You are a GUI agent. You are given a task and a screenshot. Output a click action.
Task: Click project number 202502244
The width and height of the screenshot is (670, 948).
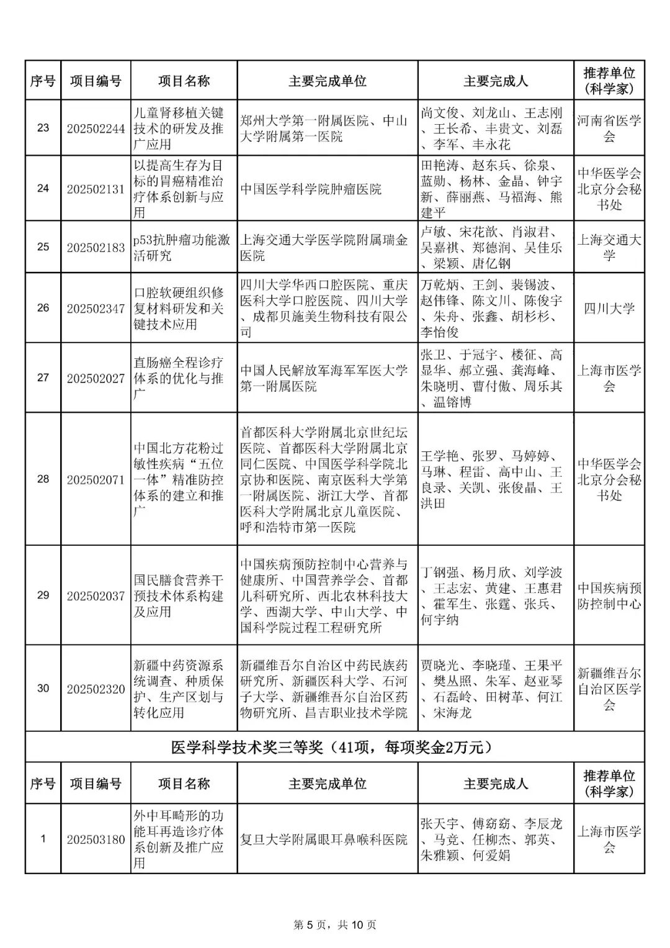click(x=96, y=129)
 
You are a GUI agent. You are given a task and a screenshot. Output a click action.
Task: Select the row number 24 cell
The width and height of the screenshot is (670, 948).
click(x=43, y=189)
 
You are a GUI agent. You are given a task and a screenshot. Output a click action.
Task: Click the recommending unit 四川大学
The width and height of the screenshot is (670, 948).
click(x=609, y=309)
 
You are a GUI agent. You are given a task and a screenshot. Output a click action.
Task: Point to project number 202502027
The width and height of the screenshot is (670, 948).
click(x=96, y=378)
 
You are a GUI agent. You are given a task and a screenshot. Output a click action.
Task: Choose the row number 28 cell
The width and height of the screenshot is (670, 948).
click(x=43, y=479)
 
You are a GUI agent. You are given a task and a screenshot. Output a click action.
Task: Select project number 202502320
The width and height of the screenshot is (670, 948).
click(x=96, y=689)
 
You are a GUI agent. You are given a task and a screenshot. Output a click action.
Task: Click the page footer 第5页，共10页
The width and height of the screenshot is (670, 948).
click(x=335, y=925)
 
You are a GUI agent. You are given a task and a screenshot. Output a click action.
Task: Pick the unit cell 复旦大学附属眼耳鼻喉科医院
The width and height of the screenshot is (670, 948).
click(x=324, y=839)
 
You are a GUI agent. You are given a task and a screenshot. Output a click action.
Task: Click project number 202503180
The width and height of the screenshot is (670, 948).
click(x=96, y=839)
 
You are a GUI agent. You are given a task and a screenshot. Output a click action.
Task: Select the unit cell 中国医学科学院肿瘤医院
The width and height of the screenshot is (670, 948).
click(x=311, y=189)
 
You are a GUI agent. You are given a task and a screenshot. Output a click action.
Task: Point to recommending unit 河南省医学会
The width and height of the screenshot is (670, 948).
click(x=609, y=129)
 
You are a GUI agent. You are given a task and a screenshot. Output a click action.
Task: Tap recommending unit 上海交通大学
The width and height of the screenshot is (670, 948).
click(x=609, y=247)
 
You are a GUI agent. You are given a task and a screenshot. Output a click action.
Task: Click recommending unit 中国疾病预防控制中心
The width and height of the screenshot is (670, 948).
click(x=609, y=595)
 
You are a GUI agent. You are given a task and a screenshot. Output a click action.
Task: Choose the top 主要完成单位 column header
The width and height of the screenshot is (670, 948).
click(x=328, y=81)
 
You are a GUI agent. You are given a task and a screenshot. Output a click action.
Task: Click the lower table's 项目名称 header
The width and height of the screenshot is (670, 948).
click(x=184, y=784)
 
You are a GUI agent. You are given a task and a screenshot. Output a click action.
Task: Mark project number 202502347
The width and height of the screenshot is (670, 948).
click(x=96, y=309)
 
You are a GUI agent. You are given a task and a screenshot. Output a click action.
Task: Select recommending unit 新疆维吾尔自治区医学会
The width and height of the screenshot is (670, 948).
click(x=609, y=689)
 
